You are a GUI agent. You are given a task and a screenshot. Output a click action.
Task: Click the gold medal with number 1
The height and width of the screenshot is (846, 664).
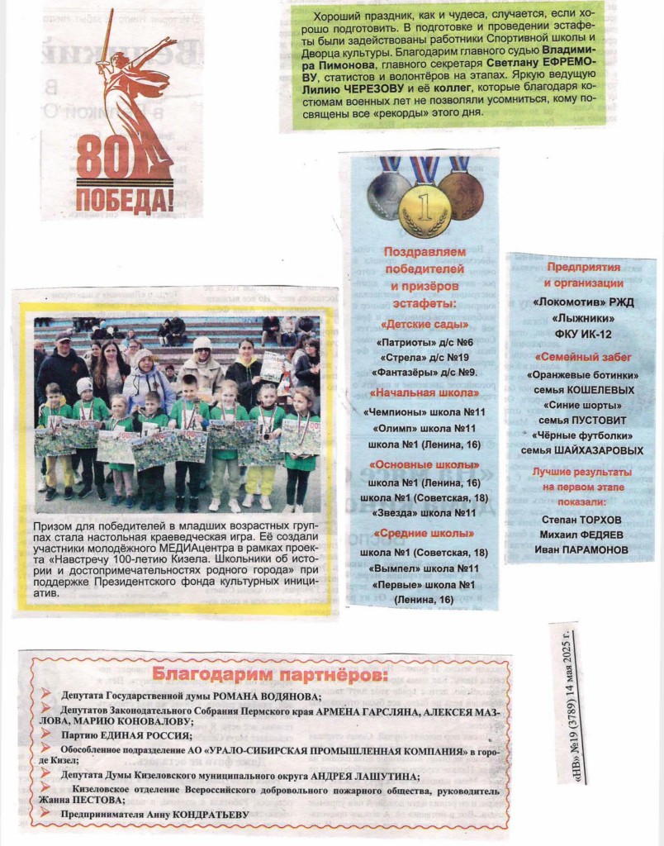coord(424,210)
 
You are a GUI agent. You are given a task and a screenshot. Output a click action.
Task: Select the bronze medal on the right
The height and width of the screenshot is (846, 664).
coord(460,194)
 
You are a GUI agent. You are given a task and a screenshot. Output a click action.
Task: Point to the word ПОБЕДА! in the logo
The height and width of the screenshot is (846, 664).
coord(125,199)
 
